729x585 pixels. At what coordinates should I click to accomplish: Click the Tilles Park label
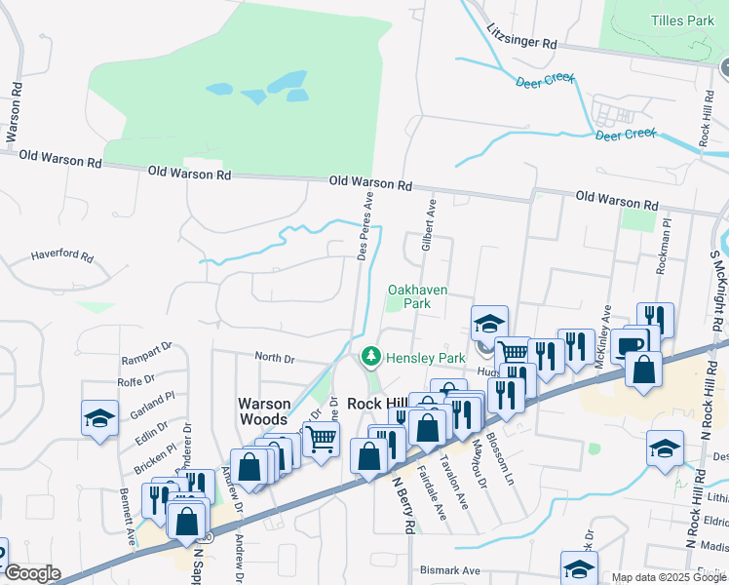[681, 20]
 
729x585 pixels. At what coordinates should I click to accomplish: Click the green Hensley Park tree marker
[370, 358]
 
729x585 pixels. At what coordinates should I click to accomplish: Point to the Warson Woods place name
[264, 410]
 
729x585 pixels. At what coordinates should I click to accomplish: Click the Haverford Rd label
[61, 257]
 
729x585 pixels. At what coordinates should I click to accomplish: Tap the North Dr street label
[275, 358]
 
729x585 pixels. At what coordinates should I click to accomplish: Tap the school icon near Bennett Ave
[99, 418]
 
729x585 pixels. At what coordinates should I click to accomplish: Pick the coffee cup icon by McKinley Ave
[630, 346]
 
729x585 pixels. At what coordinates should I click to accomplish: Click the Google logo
[31, 573]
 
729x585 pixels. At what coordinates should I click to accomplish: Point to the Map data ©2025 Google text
[670, 577]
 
